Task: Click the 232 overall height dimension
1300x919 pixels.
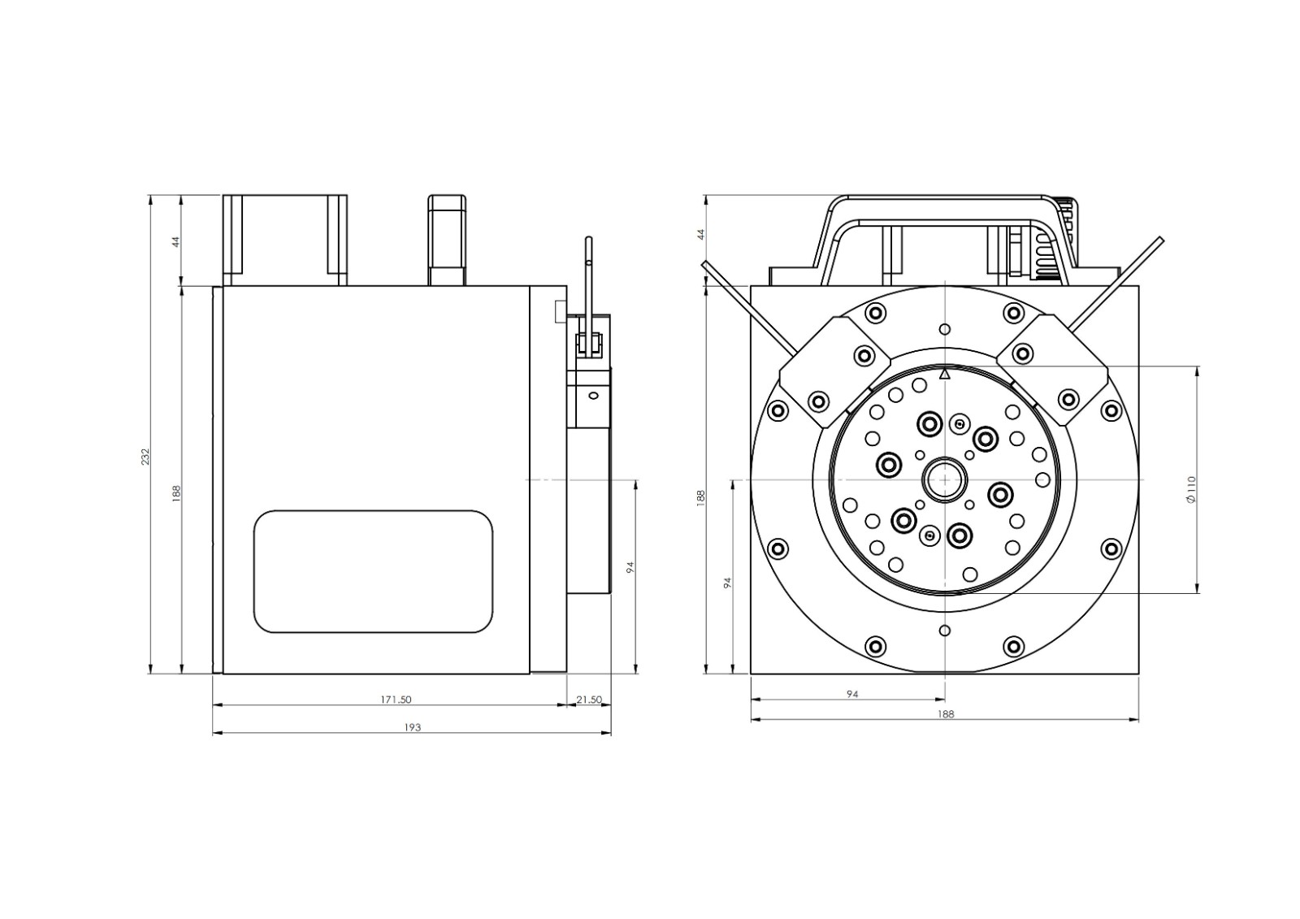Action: tap(145, 457)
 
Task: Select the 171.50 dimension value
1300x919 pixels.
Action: tap(396, 700)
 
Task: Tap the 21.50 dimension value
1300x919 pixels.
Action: tap(589, 700)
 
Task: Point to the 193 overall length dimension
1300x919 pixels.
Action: tap(412, 727)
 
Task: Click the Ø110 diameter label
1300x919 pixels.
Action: tap(1191, 489)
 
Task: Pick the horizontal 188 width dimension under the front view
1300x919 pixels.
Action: tap(946, 714)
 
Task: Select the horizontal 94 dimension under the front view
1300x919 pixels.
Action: tap(852, 694)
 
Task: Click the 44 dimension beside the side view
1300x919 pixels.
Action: tap(176, 241)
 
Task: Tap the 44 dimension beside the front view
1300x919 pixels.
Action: tap(700, 235)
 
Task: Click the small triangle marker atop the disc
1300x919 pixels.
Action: tap(945, 375)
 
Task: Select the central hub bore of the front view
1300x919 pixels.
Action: tap(945, 480)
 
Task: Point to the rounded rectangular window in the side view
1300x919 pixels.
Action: tap(373, 571)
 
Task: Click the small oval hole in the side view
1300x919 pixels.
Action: tap(592, 396)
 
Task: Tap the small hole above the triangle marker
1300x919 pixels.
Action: tap(945, 330)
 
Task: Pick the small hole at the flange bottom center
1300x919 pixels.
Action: tap(945, 631)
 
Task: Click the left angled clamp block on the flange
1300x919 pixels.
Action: tap(834, 371)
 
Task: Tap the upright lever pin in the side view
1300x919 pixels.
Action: tap(590, 295)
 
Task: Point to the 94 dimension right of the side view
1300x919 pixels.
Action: tap(630, 567)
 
